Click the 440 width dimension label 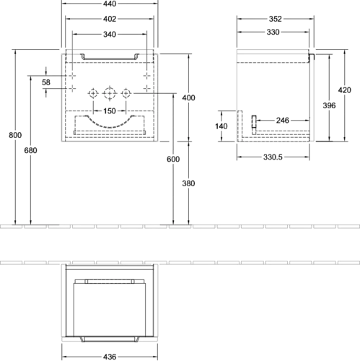[x=110, y=4]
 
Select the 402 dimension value [x=110, y=19]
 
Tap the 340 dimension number [x=110, y=35]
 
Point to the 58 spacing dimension [x=46, y=82]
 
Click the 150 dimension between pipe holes [x=110, y=111]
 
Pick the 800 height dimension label [x=15, y=135]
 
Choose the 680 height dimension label [x=30, y=150]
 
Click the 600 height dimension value [x=173, y=159]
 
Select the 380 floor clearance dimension [x=188, y=183]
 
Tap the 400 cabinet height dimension [x=188, y=97]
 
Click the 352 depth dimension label [x=275, y=19]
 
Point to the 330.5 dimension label [x=273, y=157]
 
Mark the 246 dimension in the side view [x=282, y=121]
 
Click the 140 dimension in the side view [x=221, y=126]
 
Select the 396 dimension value [x=329, y=105]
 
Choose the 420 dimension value [x=344, y=90]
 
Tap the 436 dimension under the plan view [x=110, y=357]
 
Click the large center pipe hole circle [x=105, y=93]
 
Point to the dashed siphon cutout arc [x=110, y=127]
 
